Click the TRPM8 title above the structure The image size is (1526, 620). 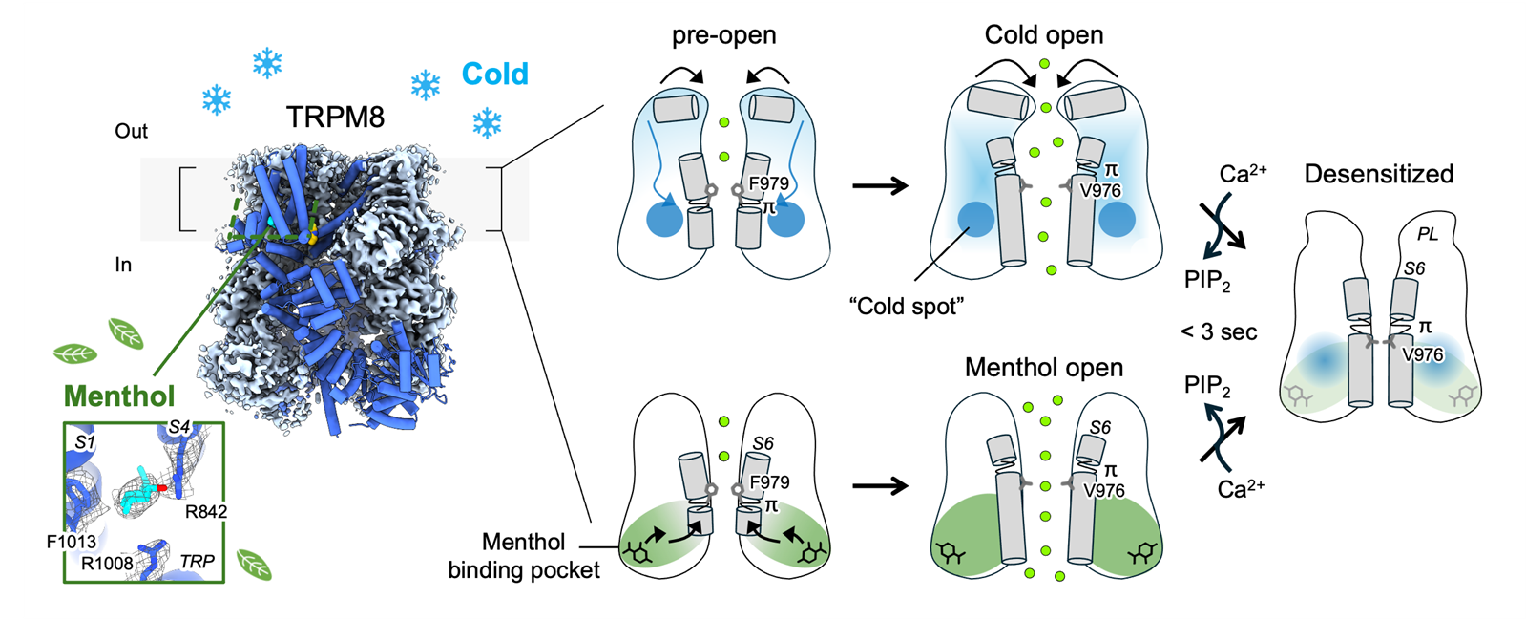click(335, 118)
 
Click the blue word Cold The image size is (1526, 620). click(494, 75)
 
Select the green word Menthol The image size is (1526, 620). click(119, 396)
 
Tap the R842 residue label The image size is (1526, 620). click(206, 512)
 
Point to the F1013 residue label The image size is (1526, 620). click(72, 542)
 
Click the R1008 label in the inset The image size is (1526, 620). click(107, 563)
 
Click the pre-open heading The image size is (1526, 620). click(723, 36)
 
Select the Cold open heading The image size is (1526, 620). click(1043, 35)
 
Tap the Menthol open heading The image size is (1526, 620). click(1043, 368)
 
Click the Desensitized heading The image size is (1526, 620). click(1378, 174)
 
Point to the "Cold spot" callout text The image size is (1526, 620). click(906, 307)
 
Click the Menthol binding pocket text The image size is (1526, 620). click(524, 556)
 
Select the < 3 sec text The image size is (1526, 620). click(1219, 332)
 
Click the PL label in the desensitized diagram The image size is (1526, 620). click(1427, 234)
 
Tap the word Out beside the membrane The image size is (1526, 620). click(131, 131)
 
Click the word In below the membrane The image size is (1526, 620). click(123, 265)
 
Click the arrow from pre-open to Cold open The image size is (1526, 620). click(879, 186)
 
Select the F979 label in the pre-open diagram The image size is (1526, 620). click(768, 183)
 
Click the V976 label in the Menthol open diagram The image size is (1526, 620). click(1104, 491)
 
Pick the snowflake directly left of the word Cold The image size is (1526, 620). click(426, 85)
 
